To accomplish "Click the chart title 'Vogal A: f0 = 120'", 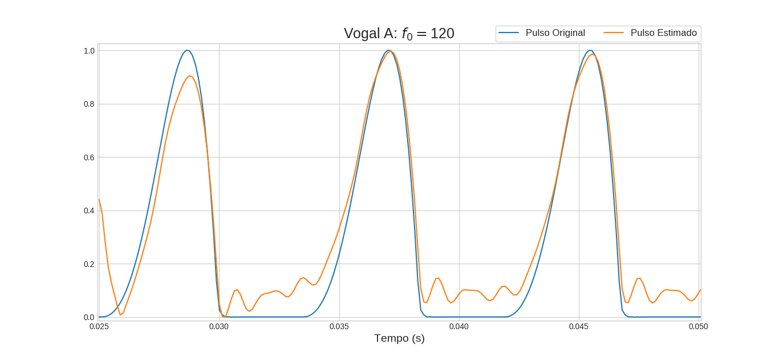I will [x=399, y=34].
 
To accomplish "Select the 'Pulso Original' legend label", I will [x=555, y=33].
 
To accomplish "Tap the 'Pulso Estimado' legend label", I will [x=663, y=33].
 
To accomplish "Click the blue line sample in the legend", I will [x=509, y=33].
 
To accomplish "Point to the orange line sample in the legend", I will [x=614, y=33].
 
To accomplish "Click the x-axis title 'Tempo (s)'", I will [x=399, y=338].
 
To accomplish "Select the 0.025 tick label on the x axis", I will [x=99, y=326].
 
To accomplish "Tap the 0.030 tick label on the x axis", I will [x=219, y=326].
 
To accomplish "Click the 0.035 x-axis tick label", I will [x=339, y=326].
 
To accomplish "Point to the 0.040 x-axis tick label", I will [x=459, y=326].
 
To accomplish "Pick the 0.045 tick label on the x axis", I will [x=579, y=326].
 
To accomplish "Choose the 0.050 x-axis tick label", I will [x=699, y=326].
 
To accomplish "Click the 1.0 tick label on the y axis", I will [x=89, y=51].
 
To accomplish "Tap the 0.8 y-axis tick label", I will [x=89, y=104].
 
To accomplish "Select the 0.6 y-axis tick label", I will [x=89, y=157].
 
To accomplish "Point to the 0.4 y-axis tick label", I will [x=89, y=211].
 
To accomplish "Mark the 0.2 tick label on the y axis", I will [x=89, y=264].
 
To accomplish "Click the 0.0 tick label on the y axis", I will [x=89, y=317].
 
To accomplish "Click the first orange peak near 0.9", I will [x=190, y=76].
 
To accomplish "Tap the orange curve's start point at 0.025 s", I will [x=99, y=200].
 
